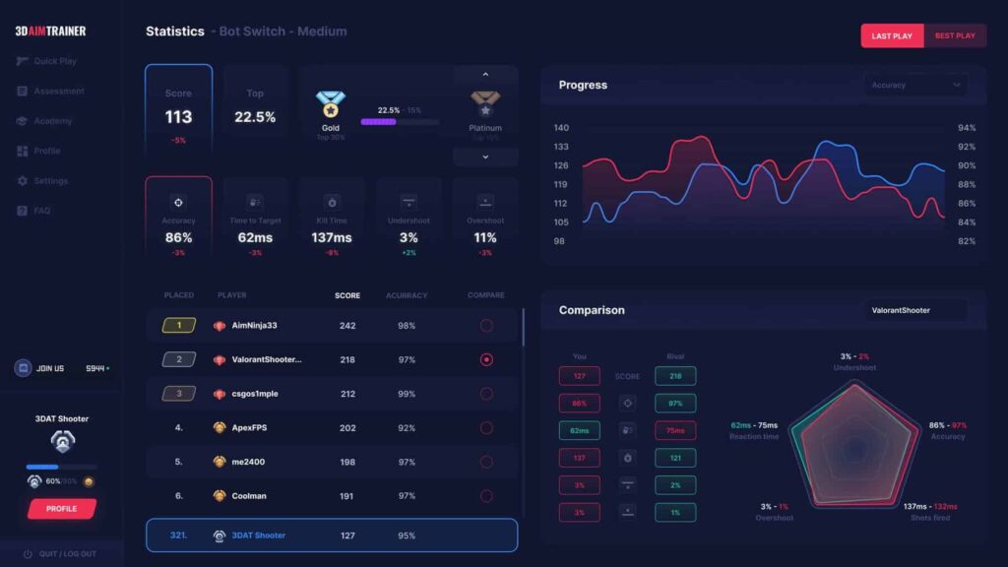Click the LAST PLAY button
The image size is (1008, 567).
(892, 35)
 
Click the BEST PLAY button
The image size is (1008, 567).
(955, 35)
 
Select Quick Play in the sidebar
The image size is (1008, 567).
(54, 61)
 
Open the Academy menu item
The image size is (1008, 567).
(52, 121)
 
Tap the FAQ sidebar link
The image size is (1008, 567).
(41, 211)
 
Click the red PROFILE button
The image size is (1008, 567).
(61, 509)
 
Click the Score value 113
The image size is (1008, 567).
(178, 117)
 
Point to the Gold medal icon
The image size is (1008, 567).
(330, 104)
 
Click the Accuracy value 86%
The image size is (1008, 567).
(178, 237)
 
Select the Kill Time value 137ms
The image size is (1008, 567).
(331, 237)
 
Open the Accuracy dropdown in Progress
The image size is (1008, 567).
(914, 85)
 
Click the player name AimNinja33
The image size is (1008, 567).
(254, 326)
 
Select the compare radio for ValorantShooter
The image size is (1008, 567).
(485, 359)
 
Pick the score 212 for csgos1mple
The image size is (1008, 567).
(347, 394)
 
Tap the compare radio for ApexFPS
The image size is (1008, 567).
(485, 428)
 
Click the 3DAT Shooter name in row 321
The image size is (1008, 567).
(259, 535)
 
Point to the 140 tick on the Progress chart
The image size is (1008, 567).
(561, 128)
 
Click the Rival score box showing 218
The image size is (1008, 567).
(675, 376)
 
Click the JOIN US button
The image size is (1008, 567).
(49, 368)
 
